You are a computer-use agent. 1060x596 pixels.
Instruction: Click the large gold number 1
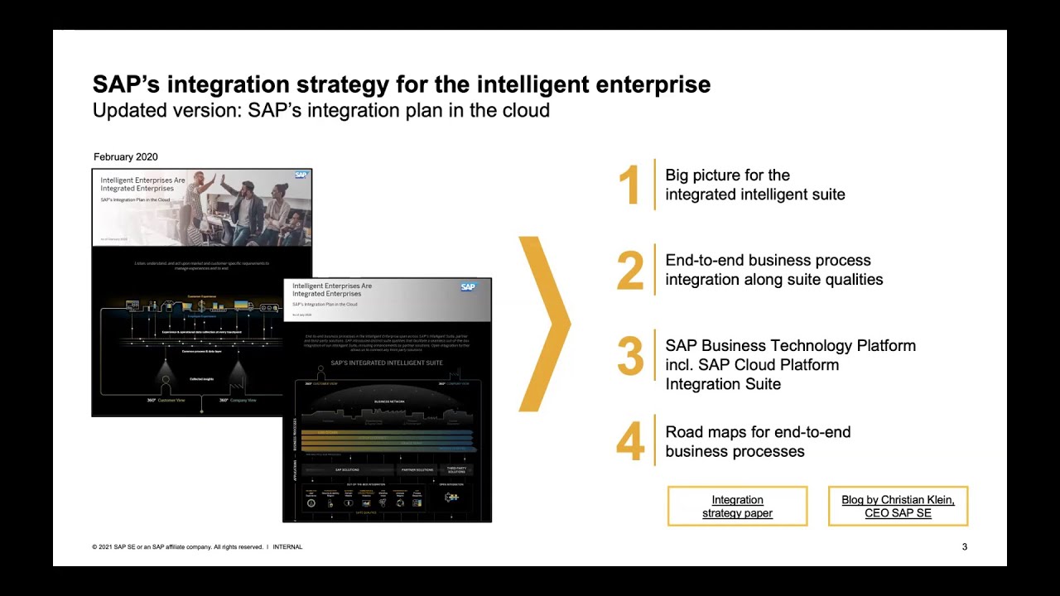point(629,185)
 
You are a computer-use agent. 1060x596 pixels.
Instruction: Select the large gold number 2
point(630,271)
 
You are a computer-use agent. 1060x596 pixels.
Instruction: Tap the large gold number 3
point(630,357)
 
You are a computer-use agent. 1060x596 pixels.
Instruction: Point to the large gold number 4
point(630,442)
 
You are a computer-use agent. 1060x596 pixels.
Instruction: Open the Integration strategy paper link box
point(737,507)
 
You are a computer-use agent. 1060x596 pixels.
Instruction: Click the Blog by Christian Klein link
point(898,507)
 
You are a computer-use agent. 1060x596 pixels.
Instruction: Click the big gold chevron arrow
point(545,324)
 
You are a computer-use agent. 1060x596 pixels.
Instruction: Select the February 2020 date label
point(126,157)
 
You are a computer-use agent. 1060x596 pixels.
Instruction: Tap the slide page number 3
point(964,547)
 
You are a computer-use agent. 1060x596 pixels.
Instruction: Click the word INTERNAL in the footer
point(287,547)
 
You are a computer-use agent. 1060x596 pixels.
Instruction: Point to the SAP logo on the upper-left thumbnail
point(301,175)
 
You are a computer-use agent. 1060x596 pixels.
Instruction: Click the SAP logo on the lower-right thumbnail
point(469,287)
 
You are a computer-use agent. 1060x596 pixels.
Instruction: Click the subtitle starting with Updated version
point(320,110)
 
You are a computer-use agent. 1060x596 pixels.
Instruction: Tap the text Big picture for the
point(727,175)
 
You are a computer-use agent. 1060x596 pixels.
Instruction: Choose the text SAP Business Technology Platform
point(790,346)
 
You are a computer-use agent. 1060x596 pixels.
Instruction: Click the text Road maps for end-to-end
point(758,432)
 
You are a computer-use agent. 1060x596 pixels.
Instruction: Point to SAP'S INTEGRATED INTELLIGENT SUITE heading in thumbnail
point(386,363)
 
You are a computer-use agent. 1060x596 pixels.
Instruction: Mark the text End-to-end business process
point(768,261)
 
